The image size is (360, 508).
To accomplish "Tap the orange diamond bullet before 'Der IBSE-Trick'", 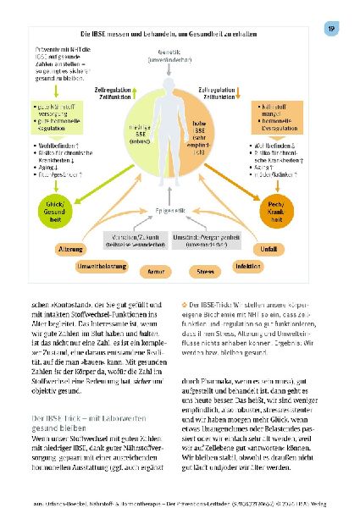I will click(x=185, y=304).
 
